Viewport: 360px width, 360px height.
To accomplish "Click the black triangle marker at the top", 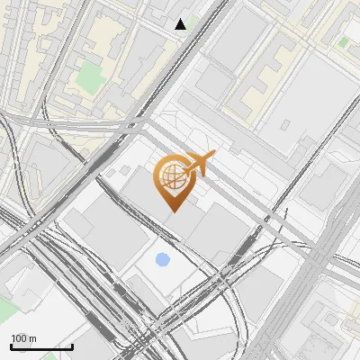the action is (x=181, y=24).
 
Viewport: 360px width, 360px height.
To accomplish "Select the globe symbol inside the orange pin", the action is (x=172, y=178).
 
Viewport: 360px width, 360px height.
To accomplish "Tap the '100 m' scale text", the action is (x=24, y=338).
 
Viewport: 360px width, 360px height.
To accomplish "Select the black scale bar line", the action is (x=41, y=346).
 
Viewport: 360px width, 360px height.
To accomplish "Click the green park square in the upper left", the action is (x=89, y=76).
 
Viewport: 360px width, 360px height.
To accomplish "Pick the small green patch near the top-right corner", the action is (x=345, y=41).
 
